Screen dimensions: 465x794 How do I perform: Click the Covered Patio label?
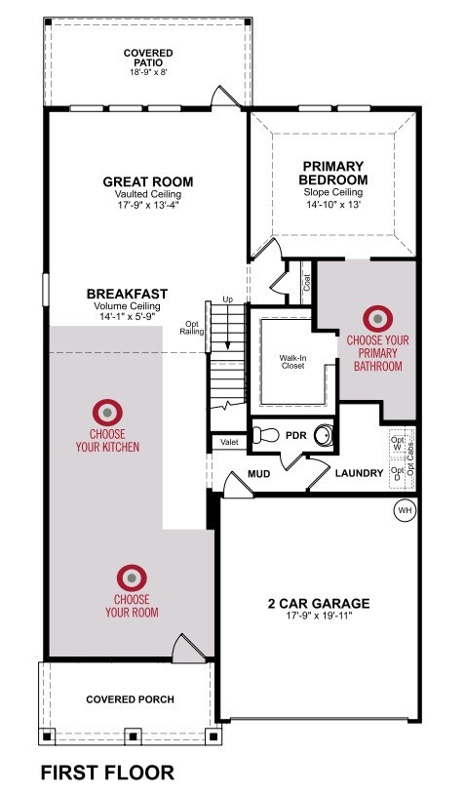[148, 58]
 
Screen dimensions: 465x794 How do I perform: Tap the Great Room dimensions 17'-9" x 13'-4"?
[148, 205]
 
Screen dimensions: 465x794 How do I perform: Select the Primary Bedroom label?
[333, 173]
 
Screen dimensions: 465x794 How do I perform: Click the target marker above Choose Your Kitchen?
[107, 413]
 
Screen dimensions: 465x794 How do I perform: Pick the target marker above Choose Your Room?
[132, 577]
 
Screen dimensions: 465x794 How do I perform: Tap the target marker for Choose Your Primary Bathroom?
[378, 319]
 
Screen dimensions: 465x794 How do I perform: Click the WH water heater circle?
[405, 510]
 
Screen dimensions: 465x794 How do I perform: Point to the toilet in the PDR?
[265, 434]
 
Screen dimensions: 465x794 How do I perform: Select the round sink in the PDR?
[323, 435]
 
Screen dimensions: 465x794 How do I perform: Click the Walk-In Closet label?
[293, 362]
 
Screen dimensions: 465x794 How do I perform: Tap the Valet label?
[229, 442]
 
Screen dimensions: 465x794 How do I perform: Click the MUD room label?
[258, 474]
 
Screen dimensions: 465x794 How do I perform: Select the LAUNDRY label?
[360, 473]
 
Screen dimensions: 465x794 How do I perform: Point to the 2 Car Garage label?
[319, 604]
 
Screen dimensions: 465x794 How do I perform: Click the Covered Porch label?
[130, 699]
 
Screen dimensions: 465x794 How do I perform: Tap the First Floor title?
[107, 773]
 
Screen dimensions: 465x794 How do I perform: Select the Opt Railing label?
[192, 328]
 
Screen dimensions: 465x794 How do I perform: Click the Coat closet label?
[307, 283]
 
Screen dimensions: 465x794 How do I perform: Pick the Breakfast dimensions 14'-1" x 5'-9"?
[127, 316]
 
